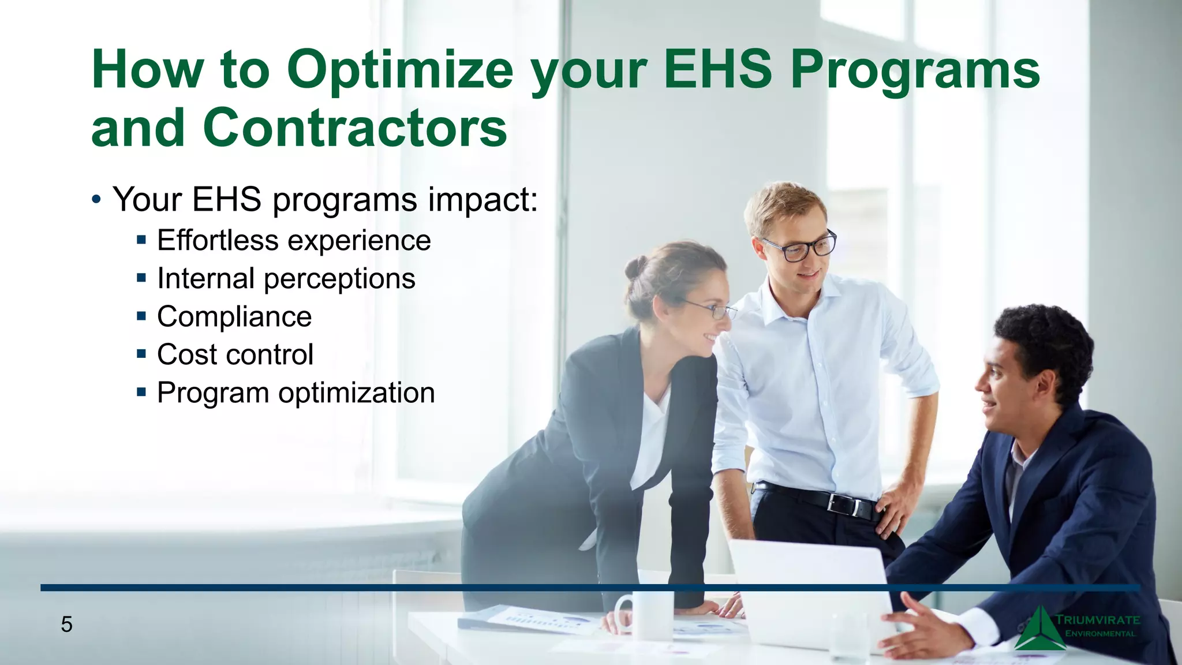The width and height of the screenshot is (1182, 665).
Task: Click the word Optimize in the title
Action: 399,70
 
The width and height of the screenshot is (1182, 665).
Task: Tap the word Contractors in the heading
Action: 355,128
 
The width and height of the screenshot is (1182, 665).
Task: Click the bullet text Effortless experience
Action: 294,241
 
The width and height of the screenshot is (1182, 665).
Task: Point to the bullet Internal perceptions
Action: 286,279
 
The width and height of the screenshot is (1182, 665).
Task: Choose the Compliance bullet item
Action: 234,317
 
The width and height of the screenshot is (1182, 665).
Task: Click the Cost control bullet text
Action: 235,354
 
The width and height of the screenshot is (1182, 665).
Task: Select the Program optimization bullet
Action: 295,393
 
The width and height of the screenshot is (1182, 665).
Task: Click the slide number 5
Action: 66,625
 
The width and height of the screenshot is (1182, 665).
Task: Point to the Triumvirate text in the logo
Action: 1097,620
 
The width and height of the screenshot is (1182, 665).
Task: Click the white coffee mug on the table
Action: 646,615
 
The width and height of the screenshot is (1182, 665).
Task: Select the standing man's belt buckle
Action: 844,504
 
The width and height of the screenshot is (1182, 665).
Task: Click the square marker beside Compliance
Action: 141,316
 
